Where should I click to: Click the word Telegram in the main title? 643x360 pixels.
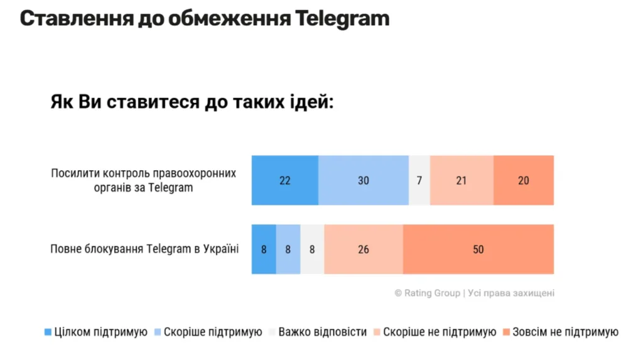click(x=342, y=18)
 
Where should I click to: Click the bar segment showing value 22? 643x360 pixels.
click(x=284, y=180)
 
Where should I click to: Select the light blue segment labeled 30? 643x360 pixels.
click(x=363, y=180)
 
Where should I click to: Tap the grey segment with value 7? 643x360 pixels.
click(x=419, y=180)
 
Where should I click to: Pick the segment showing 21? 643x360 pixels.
click(x=462, y=180)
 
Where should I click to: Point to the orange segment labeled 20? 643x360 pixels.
click(x=523, y=180)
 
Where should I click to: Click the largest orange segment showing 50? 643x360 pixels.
click(x=478, y=249)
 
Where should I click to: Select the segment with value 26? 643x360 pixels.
click(x=363, y=249)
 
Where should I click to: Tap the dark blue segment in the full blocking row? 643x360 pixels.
click(x=264, y=249)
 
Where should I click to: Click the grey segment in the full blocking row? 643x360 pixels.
click(x=312, y=249)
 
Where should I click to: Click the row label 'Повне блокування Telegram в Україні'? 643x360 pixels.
click(x=144, y=249)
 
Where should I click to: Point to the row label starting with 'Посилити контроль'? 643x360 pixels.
click(x=144, y=180)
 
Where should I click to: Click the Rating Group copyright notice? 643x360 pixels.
click(x=474, y=293)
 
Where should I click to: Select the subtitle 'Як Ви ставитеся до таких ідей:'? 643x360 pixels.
click(x=192, y=102)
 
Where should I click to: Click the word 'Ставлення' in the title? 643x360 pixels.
click(x=77, y=18)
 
